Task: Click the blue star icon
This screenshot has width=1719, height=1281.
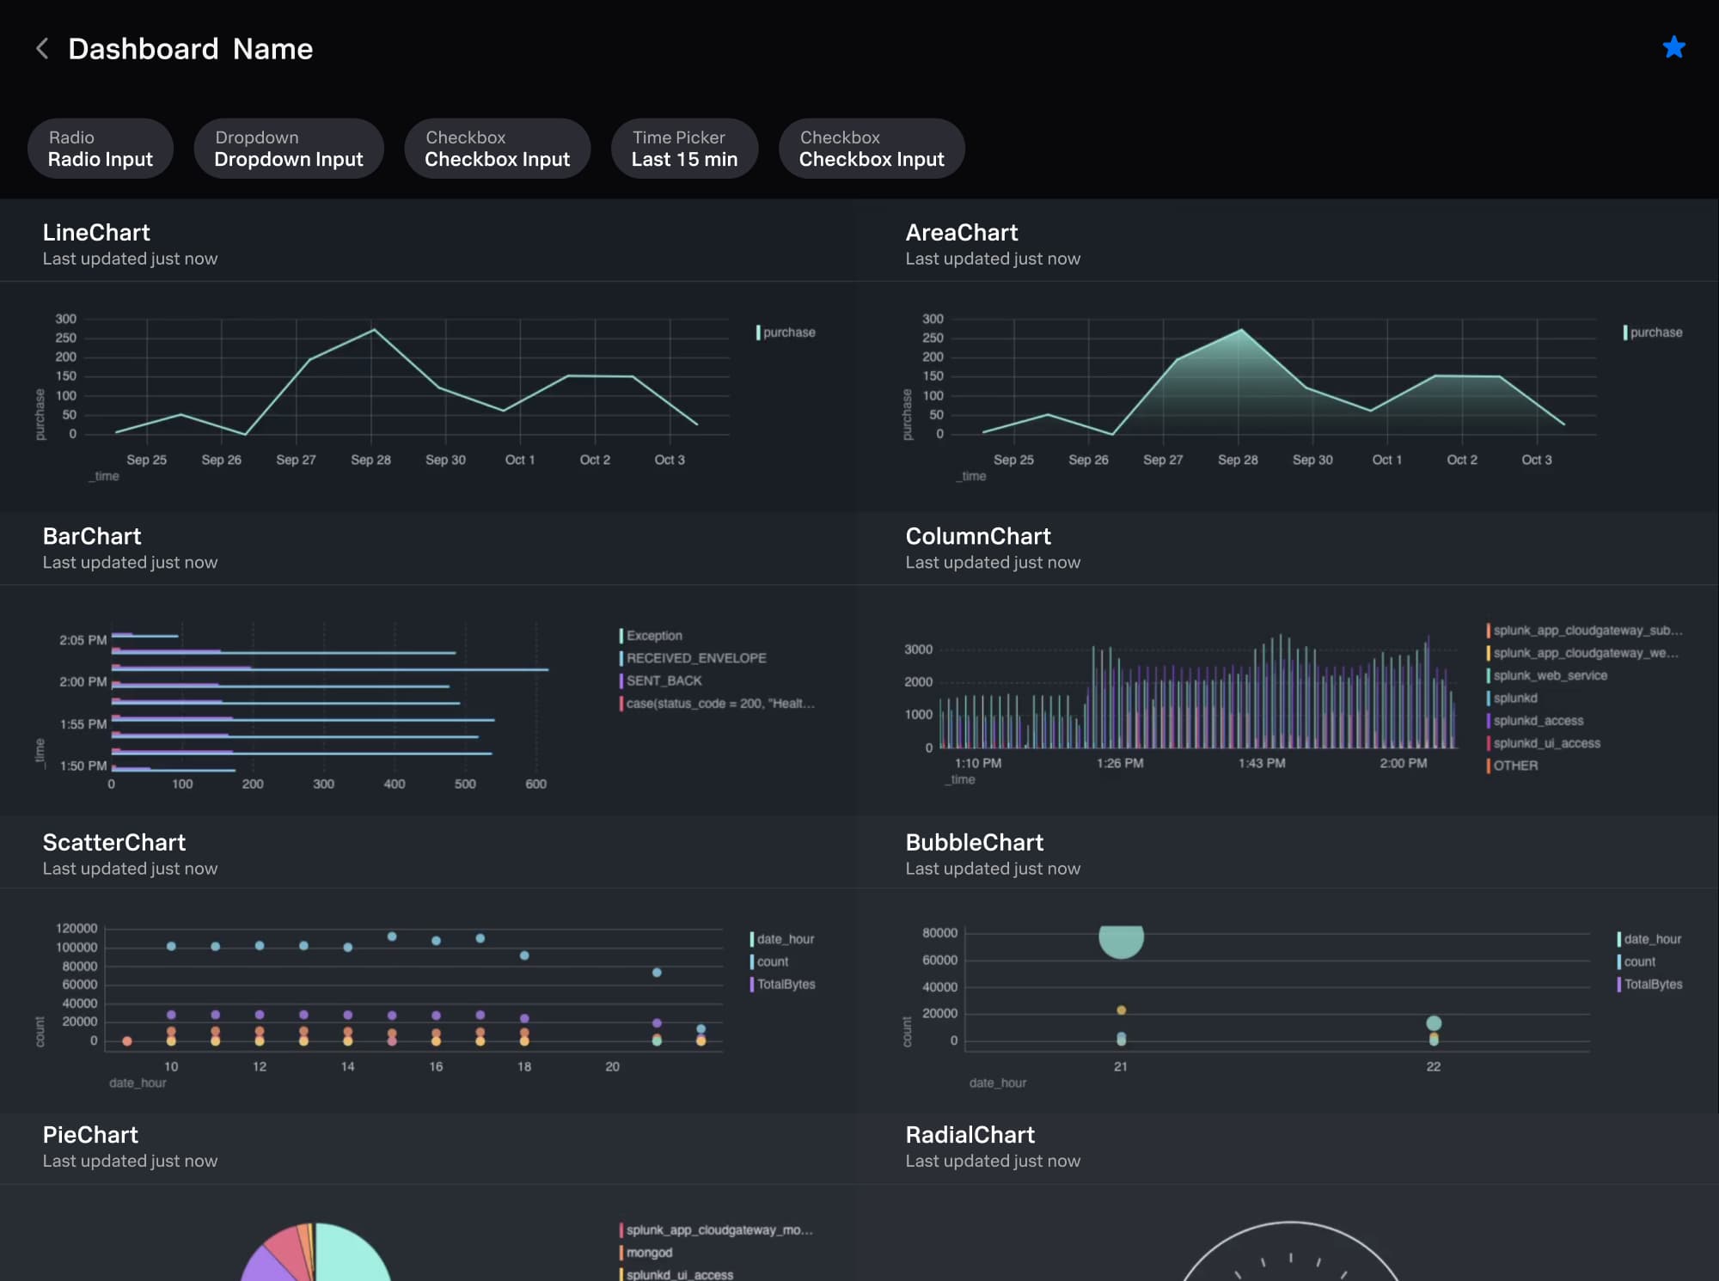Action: tap(1673, 47)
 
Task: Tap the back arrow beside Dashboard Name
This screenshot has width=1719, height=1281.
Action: tap(42, 49)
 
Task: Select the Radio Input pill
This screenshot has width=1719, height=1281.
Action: tap(101, 149)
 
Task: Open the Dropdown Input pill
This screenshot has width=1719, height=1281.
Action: tap(289, 149)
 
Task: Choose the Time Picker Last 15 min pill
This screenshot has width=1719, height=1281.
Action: tap(684, 149)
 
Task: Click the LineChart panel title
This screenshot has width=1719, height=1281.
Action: tap(96, 233)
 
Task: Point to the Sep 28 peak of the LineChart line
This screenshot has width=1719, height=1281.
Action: tap(373, 330)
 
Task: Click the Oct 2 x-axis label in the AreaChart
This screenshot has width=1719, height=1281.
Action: tap(1461, 460)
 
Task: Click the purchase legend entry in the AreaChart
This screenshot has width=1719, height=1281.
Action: tap(1655, 332)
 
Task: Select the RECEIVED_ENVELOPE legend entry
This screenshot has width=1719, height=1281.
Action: tap(695, 658)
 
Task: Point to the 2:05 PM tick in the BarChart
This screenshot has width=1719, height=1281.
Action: tap(83, 640)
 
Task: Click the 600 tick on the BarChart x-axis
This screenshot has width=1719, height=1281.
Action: tap(535, 784)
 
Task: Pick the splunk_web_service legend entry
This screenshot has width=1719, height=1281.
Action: tap(1549, 675)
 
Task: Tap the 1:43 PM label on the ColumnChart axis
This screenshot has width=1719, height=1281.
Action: tap(1261, 763)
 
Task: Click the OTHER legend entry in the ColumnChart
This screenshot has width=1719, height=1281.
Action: tap(1514, 766)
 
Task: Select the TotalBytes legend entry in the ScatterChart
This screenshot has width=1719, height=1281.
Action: tap(785, 984)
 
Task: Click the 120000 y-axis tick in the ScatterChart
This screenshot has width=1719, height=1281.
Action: tap(76, 929)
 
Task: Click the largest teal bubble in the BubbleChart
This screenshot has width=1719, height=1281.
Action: tap(1121, 940)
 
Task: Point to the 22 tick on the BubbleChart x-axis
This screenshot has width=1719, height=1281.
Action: tap(1433, 1066)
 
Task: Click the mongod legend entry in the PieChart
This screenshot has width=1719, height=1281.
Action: tap(649, 1253)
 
